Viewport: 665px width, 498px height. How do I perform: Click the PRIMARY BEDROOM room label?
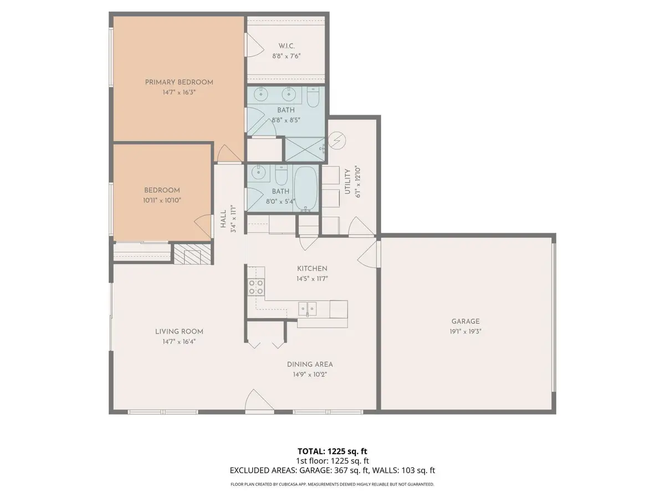point(179,82)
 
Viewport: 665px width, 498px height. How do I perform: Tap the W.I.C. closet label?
point(287,46)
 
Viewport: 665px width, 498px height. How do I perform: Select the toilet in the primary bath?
point(314,98)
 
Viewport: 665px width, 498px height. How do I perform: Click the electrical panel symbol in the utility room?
point(336,141)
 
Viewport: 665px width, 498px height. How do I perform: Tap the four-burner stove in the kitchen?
point(255,287)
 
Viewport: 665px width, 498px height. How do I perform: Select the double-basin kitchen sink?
point(307,308)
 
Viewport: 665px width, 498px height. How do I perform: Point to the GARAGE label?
point(465,321)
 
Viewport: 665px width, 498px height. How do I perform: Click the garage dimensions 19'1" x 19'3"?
point(465,331)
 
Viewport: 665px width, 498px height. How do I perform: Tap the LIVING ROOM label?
point(179,331)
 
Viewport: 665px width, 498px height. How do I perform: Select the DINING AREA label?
point(310,364)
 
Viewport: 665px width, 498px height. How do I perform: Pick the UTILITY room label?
point(348,181)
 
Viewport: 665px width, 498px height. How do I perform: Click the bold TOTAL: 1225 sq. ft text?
point(332,452)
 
